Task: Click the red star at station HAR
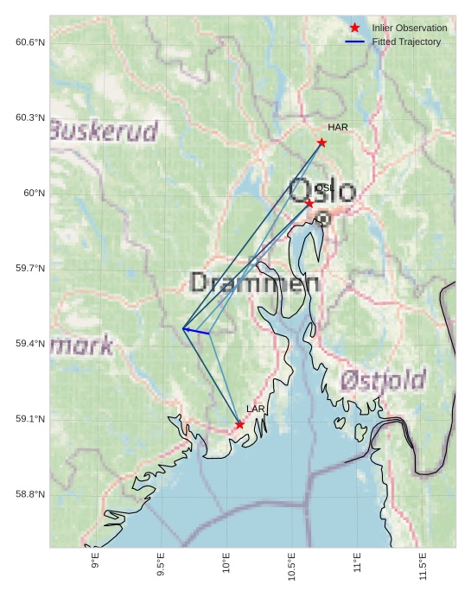(x=321, y=143)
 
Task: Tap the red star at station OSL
(x=309, y=203)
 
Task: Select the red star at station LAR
(x=239, y=424)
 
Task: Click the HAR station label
(x=338, y=127)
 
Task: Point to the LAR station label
(x=256, y=409)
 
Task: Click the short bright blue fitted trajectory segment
(x=196, y=331)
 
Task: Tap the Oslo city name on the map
(x=321, y=191)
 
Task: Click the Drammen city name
(x=254, y=283)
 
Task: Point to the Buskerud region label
(x=104, y=131)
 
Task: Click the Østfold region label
(x=383, y=380)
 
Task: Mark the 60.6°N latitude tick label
(x=30, y=42)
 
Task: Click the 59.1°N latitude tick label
(x=30, y=419)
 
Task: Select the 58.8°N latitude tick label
(x=30, y=494)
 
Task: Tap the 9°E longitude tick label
(x=95, y=562)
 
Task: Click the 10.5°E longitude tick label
(x=291, y=566)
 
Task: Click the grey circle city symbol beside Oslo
(x=322, y=219)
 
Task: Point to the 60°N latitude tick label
(x=34, y=193)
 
